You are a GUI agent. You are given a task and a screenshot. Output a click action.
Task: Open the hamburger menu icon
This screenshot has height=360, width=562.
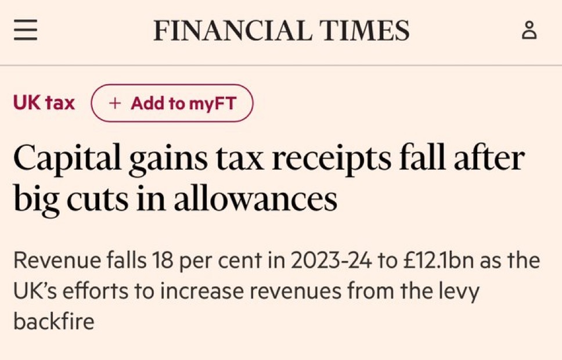coord(26,30)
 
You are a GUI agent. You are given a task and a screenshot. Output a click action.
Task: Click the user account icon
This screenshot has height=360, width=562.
coord(529,30)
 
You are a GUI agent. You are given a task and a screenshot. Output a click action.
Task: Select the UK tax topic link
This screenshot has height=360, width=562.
coord(44,103)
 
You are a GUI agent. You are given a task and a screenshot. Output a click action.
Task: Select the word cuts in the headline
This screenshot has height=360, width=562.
coord(101,199)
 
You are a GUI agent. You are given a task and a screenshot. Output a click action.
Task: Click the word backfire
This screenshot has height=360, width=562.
coord(53,321)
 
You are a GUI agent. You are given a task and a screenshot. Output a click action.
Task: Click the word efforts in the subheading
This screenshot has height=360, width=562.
coord(100,291)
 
